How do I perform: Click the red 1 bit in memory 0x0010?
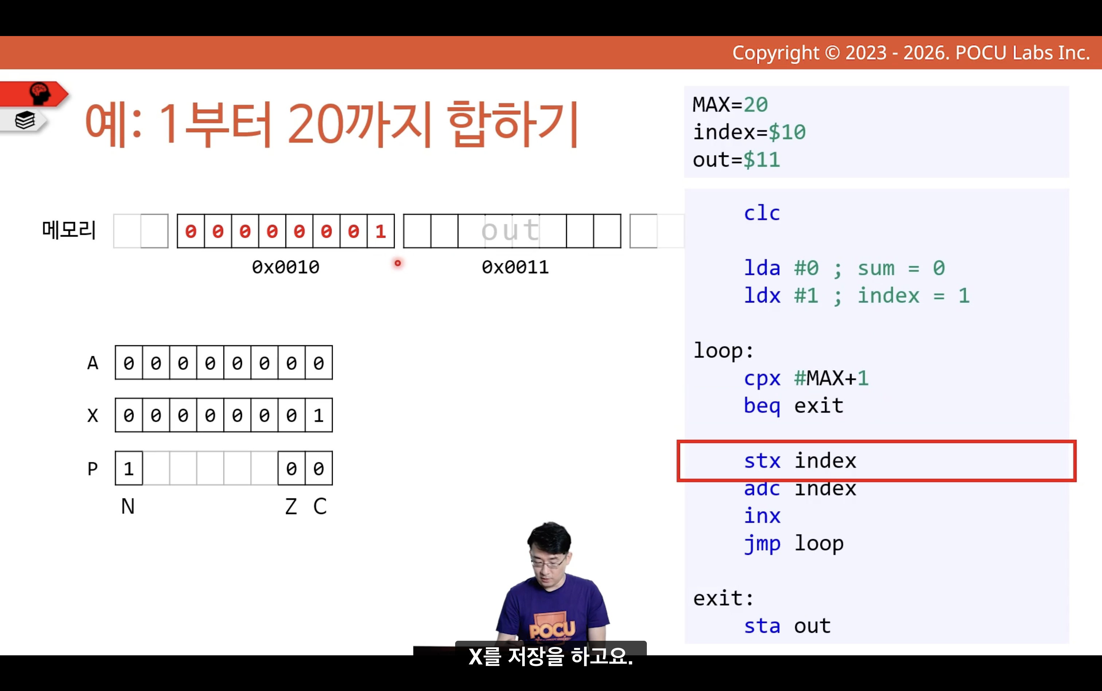coord(380,232)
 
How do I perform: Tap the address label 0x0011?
coord(515,267)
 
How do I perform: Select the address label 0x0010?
coord(285,267)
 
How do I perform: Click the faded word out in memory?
coord(511,230)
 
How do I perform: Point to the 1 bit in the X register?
coord(319,415)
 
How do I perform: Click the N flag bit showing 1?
coord(129,469)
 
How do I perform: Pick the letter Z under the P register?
coord(291,506)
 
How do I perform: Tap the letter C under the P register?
coord(320,506)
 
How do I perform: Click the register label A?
coord(93,363)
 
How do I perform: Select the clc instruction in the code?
coord(762,213)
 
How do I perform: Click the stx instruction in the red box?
coord(762,461)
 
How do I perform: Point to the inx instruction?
coord(762,516)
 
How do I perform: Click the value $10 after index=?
coord(787,133)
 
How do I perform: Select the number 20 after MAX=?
coord(755,104)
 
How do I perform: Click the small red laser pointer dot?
coord(398,263)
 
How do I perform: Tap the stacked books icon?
coord(25,121)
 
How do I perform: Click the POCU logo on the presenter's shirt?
coord(552,630)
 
